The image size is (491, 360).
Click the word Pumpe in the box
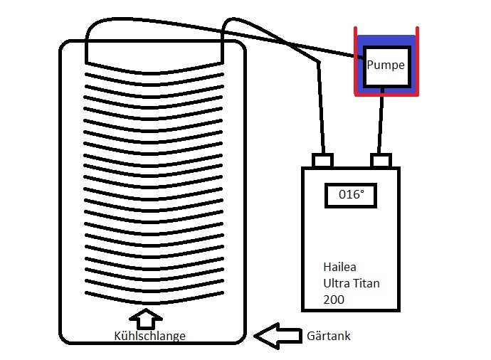(x=386, y=65)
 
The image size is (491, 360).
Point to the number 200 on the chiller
(x=333, y=300)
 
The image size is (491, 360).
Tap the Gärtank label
(x=328, y=334)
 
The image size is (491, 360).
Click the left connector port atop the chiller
(x=324, y=161)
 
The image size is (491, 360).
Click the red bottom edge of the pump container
(x=386, y=94)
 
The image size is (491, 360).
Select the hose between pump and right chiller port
(x=384, y=121)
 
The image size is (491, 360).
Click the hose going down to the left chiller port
(x=322, y=107)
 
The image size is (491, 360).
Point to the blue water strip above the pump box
(x=386, y=41)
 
